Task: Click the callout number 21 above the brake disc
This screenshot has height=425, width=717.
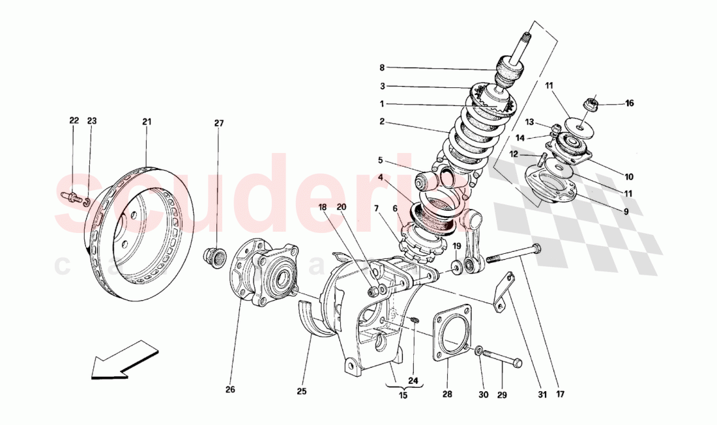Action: pyautogui.click(x=147, y=121)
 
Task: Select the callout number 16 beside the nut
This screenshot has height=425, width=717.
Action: pyautogui.click(x=629, y=103)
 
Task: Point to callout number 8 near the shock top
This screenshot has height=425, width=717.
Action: pyautogui.click(x=383, y=67)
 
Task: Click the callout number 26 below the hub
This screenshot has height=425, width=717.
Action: pyautogui.click(x=230, y=390)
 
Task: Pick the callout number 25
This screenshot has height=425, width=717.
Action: pyautogui.click(x=301, y=391)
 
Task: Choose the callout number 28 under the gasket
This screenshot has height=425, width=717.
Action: pyautogui.click(x=448, y=394)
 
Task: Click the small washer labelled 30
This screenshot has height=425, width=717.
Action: pyautogui.click(x=479, y=351)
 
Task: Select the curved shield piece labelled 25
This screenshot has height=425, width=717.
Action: pyautogui.click(x=314, y=319)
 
